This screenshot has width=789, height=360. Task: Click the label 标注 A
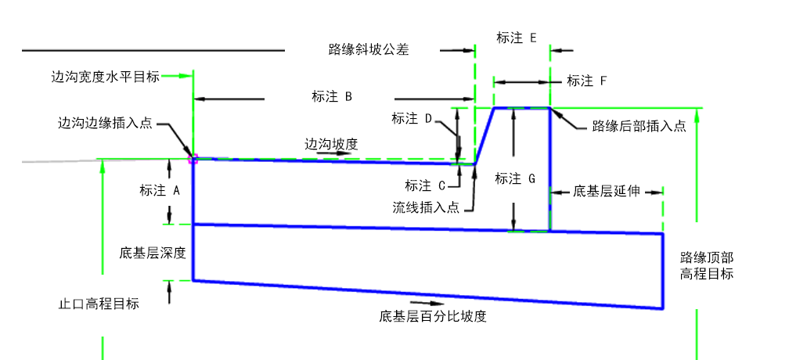tap(160, 190)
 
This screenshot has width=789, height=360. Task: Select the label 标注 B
tap(332, 97)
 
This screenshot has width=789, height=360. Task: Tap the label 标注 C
tap(425, 186)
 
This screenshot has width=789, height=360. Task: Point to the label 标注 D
tap(412, 119)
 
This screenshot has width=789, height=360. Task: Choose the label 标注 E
tap(517, 38)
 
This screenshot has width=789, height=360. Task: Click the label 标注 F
tap(587, 81)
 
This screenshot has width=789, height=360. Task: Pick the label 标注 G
tap(515, 178)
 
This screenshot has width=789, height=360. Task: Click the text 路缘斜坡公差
tap(369, 50)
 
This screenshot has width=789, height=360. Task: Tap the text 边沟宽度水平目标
tap(106, 77)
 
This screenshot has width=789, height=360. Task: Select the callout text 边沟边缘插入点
tap(105, 124)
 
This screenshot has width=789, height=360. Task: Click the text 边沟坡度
tap(331, 144)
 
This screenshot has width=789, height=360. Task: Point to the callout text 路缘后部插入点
tap(639, 126)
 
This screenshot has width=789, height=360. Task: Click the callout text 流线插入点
tap(426, 207)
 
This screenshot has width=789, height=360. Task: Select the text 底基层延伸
tap(607, 192)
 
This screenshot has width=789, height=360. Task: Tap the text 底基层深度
tap(153, 253)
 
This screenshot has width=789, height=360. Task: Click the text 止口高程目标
tap(99, 304)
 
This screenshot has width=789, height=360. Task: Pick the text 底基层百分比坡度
tap(434, 317)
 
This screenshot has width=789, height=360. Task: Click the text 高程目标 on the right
tap(707, 274)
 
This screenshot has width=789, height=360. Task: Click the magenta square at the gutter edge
tap(193, 159)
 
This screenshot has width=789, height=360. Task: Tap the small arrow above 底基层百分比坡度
tap(427, 303)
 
